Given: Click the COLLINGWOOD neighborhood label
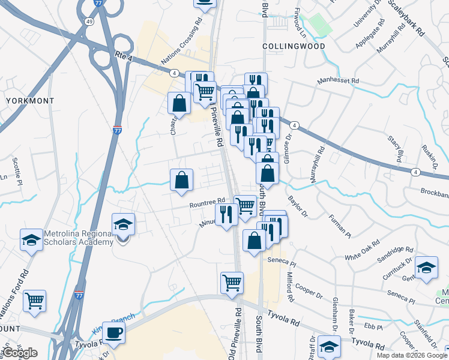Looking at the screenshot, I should (x=294, y=46).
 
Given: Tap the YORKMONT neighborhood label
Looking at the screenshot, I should (x=30, y=101).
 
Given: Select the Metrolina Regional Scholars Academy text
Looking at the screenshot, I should (x=78, y=238).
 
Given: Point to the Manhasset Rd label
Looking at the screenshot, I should (x=338, y=80).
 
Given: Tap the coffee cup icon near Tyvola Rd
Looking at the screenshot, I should (x=113, y=333).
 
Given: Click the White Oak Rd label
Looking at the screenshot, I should (x=362, y=249).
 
